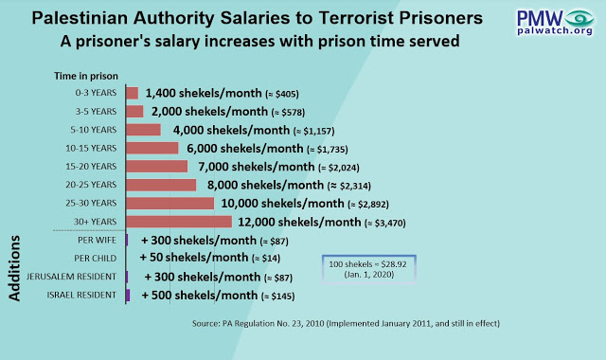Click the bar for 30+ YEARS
[179, 222]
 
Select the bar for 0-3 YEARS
[133, 93]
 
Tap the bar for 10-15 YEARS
[152, 148]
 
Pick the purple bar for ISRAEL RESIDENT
[128, 295]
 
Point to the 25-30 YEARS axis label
[91, 203]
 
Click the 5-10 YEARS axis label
[93, 130]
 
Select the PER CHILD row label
[95, 259]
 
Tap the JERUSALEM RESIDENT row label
[71, 277]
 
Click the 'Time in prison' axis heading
[86, 76]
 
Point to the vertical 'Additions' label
[14, 268]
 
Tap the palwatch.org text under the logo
[555, 30]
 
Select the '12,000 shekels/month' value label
[299, 222]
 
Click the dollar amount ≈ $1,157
[314, 131]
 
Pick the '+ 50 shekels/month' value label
[194, 258]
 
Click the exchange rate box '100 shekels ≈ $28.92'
[369, 269]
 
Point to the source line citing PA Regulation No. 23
[346, 323]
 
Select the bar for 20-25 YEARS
[161, 185]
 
